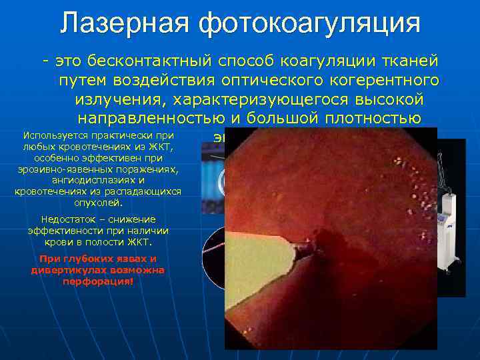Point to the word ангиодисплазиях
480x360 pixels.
click(96, 180)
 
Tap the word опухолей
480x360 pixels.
click(97, 202)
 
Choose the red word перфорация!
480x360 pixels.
click(97, 281)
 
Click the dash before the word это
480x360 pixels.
click(46, 62)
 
